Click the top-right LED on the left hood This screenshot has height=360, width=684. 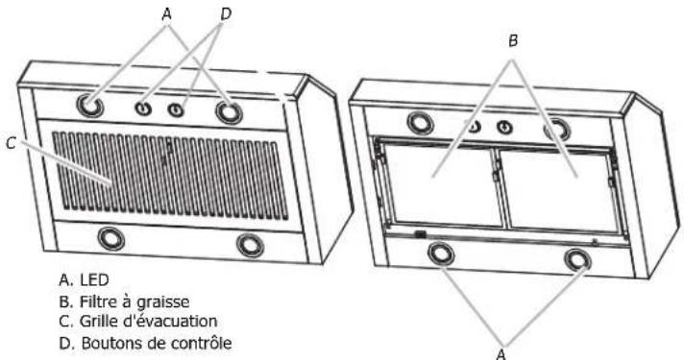pyautogui.click(x=230, y=113)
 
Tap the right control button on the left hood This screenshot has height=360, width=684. pyautogui.click(x=177, y=111)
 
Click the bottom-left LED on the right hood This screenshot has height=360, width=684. pyautogui.click(x=441, y=252)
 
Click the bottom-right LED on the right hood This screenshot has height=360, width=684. pyautogui.click(x=577, y=259)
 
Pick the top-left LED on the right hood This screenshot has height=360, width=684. pyautogui.click(x=420, y=122)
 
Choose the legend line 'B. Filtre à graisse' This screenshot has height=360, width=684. pyautogui.click(x=119, y=300)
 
